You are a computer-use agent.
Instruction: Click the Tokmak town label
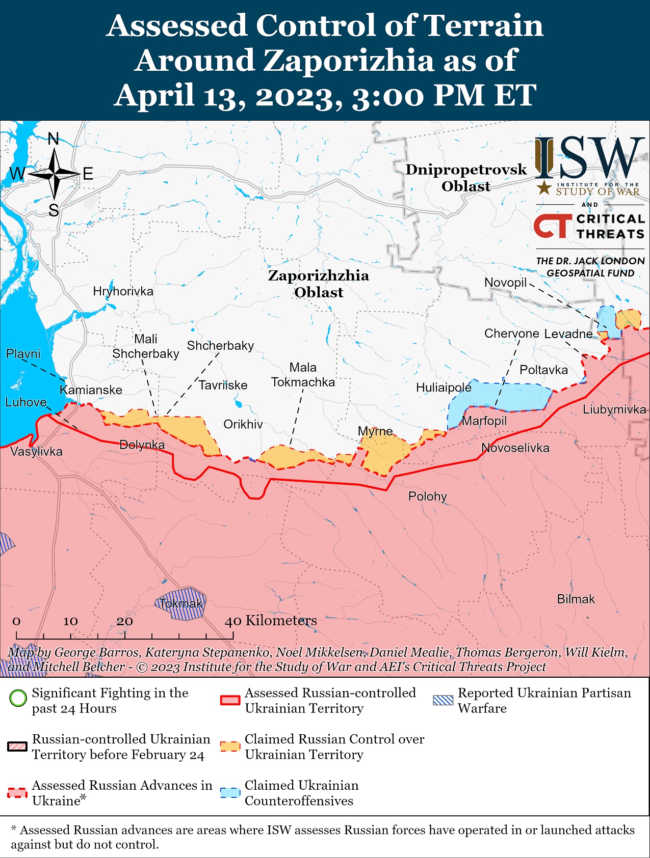180,603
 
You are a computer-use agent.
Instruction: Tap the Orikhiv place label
243,424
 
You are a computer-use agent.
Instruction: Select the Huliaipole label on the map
444,388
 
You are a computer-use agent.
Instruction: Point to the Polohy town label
427,496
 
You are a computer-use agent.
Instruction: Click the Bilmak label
576,599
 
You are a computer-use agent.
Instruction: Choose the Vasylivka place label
36,451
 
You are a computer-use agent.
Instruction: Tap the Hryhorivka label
123,291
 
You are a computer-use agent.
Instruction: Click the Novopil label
505,283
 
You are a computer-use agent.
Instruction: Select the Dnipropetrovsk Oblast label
466,178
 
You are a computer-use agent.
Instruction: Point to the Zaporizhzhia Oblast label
319,284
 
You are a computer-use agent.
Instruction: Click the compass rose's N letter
54,139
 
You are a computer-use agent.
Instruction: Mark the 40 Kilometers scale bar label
271,620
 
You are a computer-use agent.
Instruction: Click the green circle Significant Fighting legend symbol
18,698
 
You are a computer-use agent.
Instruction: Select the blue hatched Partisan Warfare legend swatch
443,700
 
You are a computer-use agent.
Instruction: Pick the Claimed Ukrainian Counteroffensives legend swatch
230,793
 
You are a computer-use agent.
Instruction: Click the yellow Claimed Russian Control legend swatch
230,746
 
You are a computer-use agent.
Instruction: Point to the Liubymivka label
614,409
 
